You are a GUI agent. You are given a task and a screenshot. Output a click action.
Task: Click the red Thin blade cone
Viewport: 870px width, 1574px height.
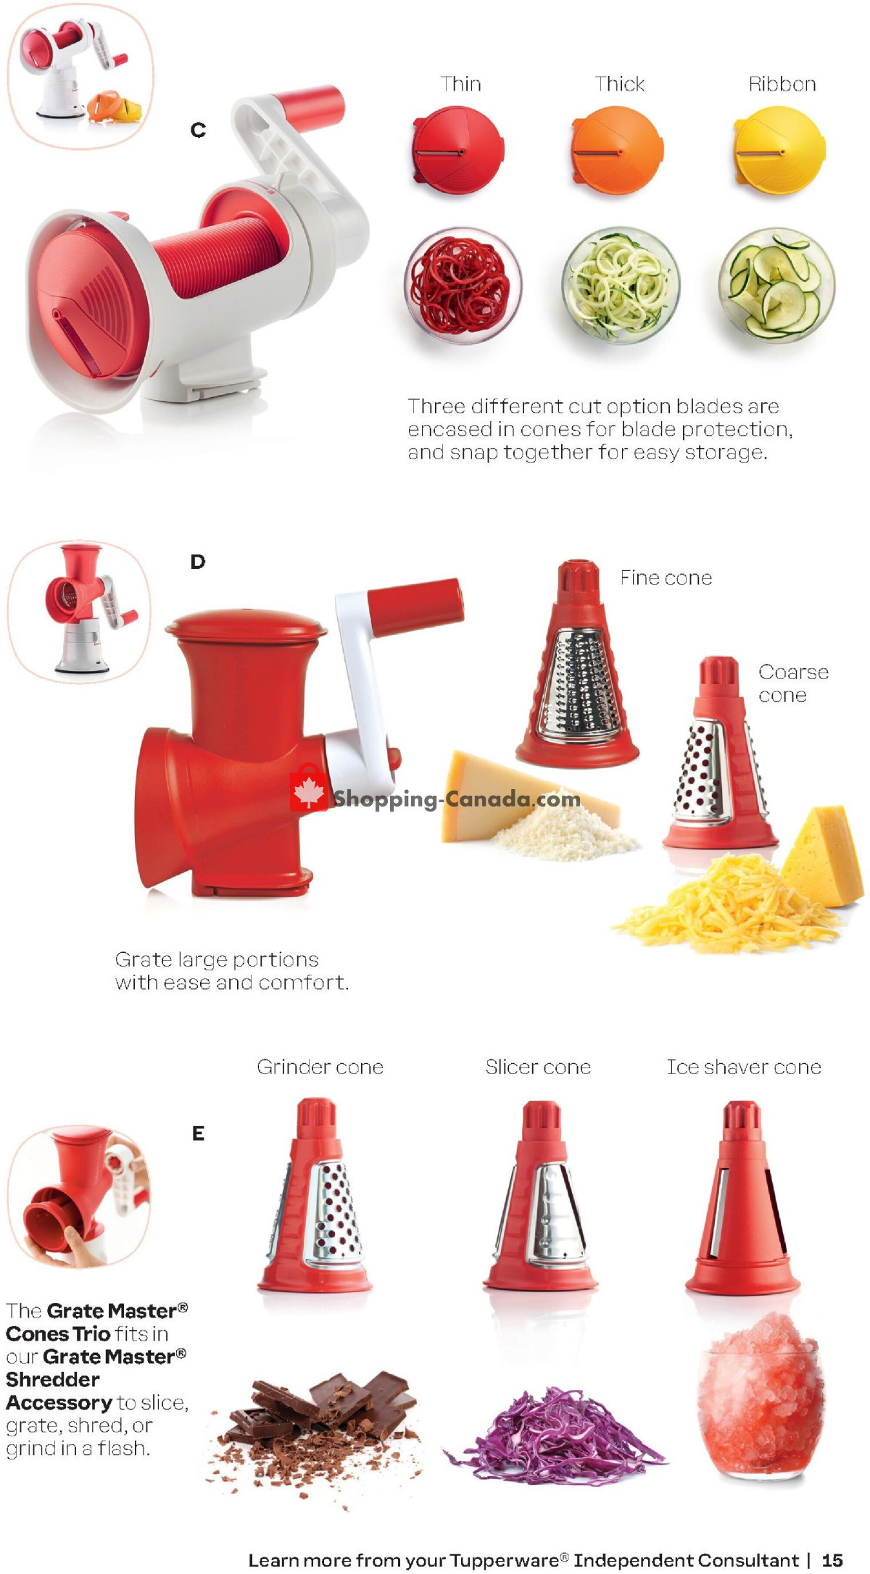point(458,151)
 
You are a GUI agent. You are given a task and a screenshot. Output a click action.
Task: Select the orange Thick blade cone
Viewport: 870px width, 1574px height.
point(618,151)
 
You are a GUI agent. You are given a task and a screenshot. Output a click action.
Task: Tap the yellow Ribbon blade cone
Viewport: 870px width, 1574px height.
point(779,151)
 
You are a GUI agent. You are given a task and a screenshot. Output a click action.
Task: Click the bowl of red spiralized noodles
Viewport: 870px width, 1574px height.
point(462,285)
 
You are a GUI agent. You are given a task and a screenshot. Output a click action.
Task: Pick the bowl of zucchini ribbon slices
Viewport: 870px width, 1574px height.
point(776,285)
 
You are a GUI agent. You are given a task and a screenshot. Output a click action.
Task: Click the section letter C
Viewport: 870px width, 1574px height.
point(198,130)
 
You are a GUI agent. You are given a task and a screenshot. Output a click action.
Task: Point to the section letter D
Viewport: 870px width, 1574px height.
point(198,562)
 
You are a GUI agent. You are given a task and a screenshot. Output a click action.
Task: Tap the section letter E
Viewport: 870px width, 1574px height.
point(198,1133)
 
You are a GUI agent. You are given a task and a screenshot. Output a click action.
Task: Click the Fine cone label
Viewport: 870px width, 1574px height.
point(666,578)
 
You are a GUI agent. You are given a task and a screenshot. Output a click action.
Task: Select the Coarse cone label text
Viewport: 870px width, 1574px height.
point(792,683)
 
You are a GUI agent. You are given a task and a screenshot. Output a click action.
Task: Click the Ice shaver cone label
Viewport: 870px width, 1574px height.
point(744,1067)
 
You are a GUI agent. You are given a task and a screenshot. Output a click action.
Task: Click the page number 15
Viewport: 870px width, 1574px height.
point(832,1560)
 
